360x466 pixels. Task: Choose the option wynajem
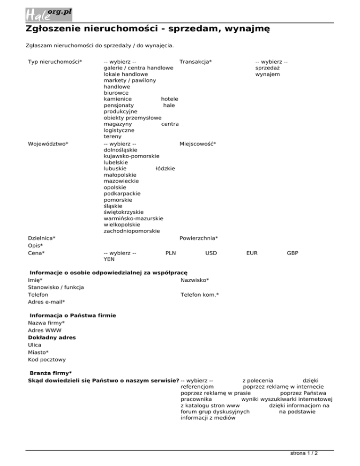coord(268,74)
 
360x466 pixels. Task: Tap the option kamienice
coord(117,99)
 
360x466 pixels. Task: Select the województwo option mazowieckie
coord(121,180)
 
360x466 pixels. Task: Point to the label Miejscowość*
coord(198,143)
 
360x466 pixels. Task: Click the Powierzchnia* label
coord(199,238)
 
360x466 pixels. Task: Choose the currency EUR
coord(252,253)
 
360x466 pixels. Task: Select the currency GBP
coord(292,253)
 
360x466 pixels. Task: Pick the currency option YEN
coord(109,259)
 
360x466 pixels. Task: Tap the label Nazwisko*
coord(195,280)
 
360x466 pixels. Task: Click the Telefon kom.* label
coord(200,295)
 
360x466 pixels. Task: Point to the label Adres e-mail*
coord(46,302)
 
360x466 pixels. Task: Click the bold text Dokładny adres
coord(52,338)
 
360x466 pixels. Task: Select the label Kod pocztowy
coord(46,360)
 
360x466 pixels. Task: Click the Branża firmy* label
coord(51,373)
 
